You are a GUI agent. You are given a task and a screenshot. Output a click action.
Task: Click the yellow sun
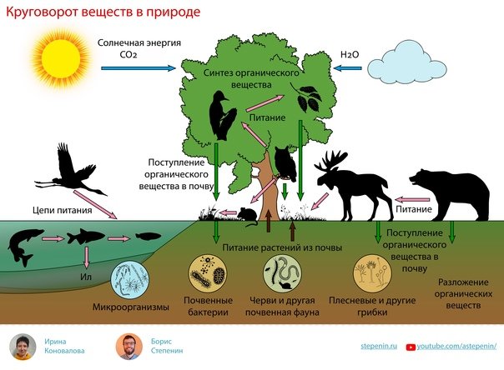click(61, 57)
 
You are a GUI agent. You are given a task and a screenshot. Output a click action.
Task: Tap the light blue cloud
click(406, 62)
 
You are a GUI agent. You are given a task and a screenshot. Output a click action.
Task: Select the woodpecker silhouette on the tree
click(221, 116)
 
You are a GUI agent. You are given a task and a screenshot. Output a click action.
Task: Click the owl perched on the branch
click(285, 163)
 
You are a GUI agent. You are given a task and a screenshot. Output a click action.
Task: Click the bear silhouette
click(450, 195)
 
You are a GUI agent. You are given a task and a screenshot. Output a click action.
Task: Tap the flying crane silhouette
click(71, 171)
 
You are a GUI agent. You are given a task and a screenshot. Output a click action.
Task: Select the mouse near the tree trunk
click(248, 216)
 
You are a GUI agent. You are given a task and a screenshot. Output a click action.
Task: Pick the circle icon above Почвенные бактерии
click(208, 273)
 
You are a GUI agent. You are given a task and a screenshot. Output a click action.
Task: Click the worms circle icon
click(283, 273)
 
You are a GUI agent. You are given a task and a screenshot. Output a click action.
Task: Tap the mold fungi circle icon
click(372, 273)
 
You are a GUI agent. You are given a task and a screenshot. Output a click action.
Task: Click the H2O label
click(350, 55)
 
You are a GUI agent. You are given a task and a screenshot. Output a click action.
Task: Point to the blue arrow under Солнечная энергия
click(139, 68)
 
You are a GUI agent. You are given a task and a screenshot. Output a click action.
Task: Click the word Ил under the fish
click(86, 277)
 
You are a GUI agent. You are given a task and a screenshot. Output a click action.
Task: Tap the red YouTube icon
click(411, 347)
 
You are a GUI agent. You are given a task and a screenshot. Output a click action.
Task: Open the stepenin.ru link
click(379, 346)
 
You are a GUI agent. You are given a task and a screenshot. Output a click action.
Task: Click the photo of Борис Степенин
click(129, 347)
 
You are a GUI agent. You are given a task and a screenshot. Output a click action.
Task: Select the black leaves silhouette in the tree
click(306, 97)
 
